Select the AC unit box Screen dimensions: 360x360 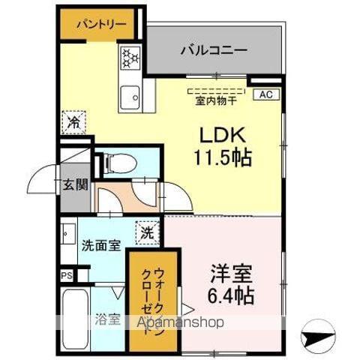(x=266, y=94)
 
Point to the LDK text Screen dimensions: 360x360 (x=223, y=136)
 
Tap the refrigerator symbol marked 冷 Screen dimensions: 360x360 (x=74, y=120)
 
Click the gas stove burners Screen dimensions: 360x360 (x=130, y=58)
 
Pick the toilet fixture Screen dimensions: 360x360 (x=115, y=162)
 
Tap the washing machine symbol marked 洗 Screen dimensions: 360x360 (x=147, y=232)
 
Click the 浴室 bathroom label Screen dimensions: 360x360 (x=108, y=318)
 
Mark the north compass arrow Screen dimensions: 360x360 (x=318, y=335)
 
